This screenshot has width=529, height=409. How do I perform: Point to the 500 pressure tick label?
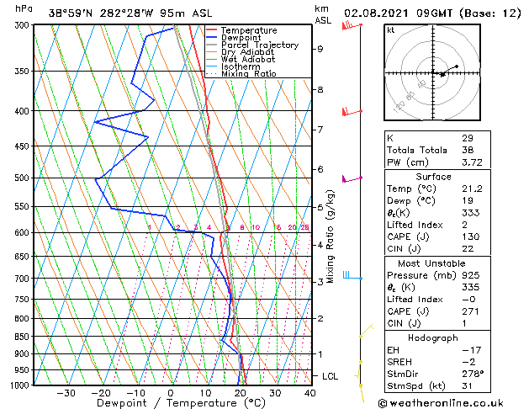pyautogui.click(x=21, y=178)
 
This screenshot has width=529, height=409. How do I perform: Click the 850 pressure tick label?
pyautogui.click(x=21, y=337)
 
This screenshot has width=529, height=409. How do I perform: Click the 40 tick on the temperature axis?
pyautogui.click(x=310, y=393)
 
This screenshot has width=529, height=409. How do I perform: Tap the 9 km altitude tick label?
pyautogui.click(x=320, y=49)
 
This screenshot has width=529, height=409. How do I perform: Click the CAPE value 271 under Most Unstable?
pyautogui.click(x=469, y=311)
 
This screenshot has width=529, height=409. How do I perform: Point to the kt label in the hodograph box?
pyautogui.click(x=391, y=29)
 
